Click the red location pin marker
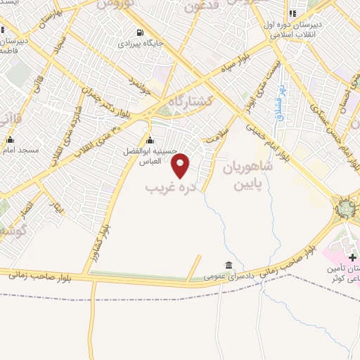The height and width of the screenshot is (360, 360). [181, 165]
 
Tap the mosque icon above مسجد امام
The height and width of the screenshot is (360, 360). [9, 139]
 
